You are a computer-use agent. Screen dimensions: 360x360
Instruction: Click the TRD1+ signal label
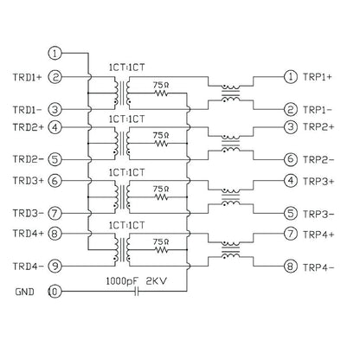pyautogui.click(x=27, y=77)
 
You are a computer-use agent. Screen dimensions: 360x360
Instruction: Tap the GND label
pyautogui.click(x=24, y=292)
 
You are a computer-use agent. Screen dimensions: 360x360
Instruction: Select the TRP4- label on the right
pyautogui.click(x=318, y=267)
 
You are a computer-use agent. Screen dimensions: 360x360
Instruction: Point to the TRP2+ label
pyautogui.click(x=318, y=127)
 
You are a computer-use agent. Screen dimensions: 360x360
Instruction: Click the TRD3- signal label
pyautogui.click(x=28, y=214)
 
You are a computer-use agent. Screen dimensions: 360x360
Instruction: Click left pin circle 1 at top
pyautogui.click(x=55, y=54)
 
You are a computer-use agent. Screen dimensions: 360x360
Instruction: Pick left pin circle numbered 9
pyautogui.click(x=55, y=266)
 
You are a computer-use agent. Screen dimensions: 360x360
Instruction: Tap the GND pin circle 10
pyautogui.click(x=55, y=292)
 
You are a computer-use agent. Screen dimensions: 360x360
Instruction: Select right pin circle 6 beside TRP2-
pyautogui.click(x=291, y=159)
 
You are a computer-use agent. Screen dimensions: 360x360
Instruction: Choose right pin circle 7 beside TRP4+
pyautogui.click(x=291, y=234)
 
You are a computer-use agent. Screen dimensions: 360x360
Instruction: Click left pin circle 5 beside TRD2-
pyautogui.click(x=55, y=159)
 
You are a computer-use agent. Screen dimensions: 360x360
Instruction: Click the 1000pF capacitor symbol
pyautogui.click(x=137, y=292)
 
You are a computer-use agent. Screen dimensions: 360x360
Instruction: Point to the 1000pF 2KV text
pyautogui.click(x=136, y=281)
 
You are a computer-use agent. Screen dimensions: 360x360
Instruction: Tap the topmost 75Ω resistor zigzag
pyautogui.click(x=161, y=93)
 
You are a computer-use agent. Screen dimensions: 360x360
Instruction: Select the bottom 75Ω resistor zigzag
pyautogui.click(x=161, y=250)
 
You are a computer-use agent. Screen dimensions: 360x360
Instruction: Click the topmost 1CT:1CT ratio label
pyautogui.click(x=126, y=67)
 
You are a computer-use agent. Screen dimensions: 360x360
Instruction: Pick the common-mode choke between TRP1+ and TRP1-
pyautogui.click(x=230, y=93)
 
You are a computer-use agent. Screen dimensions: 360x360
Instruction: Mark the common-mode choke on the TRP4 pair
pyautogui.click(x=230, y=250)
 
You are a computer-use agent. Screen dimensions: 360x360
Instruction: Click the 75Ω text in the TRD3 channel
pyautogui.click(x=161, y=189)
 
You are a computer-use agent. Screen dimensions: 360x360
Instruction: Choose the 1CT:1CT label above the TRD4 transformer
pyautogui.click(x=126, y=225)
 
